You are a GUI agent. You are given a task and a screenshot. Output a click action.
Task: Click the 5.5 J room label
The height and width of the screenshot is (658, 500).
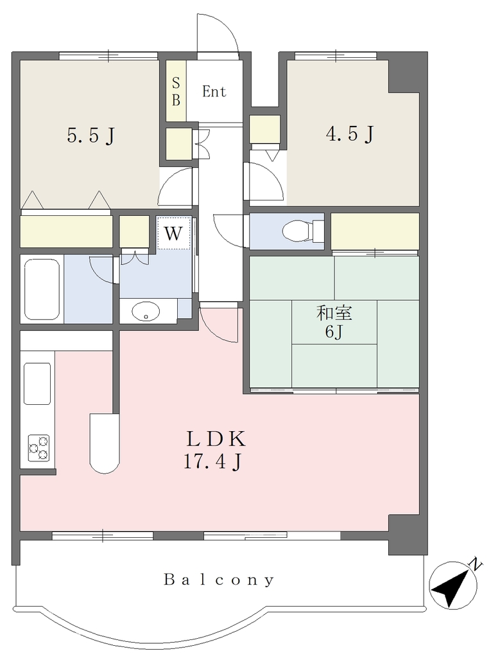coord(91,135)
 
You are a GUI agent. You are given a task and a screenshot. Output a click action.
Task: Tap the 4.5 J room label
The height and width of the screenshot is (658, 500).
coord(350,134)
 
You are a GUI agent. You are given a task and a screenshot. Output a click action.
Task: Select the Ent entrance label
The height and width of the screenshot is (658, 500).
coord(214,91)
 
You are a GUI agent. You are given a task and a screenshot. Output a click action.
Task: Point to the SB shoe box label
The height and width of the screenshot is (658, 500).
coord(176,91)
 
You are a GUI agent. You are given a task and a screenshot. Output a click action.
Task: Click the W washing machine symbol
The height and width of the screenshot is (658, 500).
coord(173,233)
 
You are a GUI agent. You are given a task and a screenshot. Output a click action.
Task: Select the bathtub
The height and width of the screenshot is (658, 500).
coord(42,289)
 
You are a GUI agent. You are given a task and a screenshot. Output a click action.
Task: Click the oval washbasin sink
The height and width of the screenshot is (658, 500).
coord(146,312)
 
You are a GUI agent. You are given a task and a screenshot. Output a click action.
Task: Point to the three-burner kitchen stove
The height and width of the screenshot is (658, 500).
coord(38,448)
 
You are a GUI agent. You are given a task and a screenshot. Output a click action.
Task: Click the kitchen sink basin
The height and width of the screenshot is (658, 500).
coord(37,384)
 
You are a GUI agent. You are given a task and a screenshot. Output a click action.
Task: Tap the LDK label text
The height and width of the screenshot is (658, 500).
coord(216,439)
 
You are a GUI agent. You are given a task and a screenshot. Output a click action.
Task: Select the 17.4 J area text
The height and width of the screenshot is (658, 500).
coord(212,461)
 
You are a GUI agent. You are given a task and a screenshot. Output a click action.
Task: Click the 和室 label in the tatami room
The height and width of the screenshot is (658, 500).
coord(334,313)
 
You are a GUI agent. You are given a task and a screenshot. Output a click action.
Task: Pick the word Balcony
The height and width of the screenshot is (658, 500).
coord(220,580)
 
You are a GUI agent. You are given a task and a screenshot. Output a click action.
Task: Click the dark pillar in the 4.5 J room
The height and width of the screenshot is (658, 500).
coord(404,76)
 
